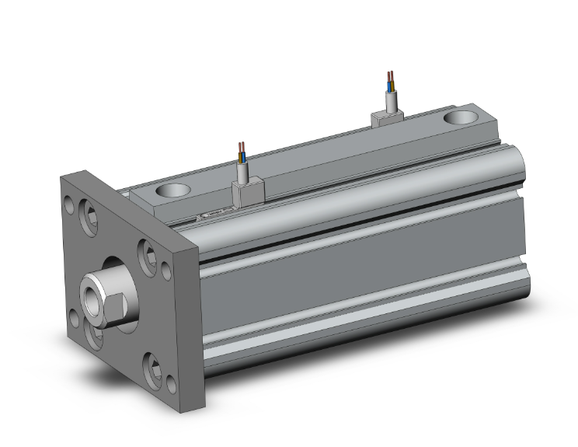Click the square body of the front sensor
pyautogui.click(x=246, y=192)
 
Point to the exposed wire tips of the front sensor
pyautogui.click(x=243, y=148)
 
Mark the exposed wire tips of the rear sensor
pyautogui.click(x=390, y=78)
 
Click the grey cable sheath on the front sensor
pyautogui.click(x=244, y=169)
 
